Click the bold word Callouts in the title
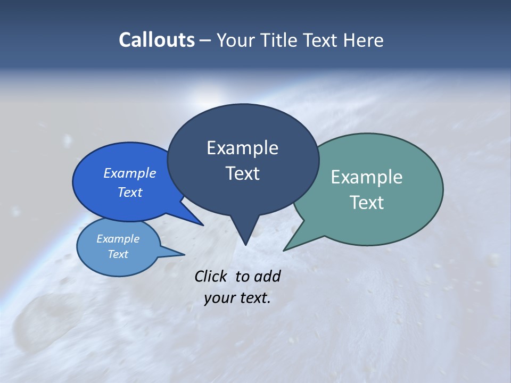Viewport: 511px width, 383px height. (156, 40)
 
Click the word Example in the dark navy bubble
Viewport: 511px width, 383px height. (242, 148)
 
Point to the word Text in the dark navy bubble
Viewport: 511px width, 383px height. (242, 173)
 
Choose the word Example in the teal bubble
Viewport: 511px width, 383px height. (367, 177)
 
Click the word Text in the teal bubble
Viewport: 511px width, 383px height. (367, 203)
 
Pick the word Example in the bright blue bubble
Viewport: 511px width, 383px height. (130, 173)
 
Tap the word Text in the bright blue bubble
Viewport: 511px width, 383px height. (130, 192)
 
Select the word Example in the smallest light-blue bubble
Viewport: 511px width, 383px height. (118, 239)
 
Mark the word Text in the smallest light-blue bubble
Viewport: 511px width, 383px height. (118, 254)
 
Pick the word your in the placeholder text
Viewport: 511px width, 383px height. (218, 298)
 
